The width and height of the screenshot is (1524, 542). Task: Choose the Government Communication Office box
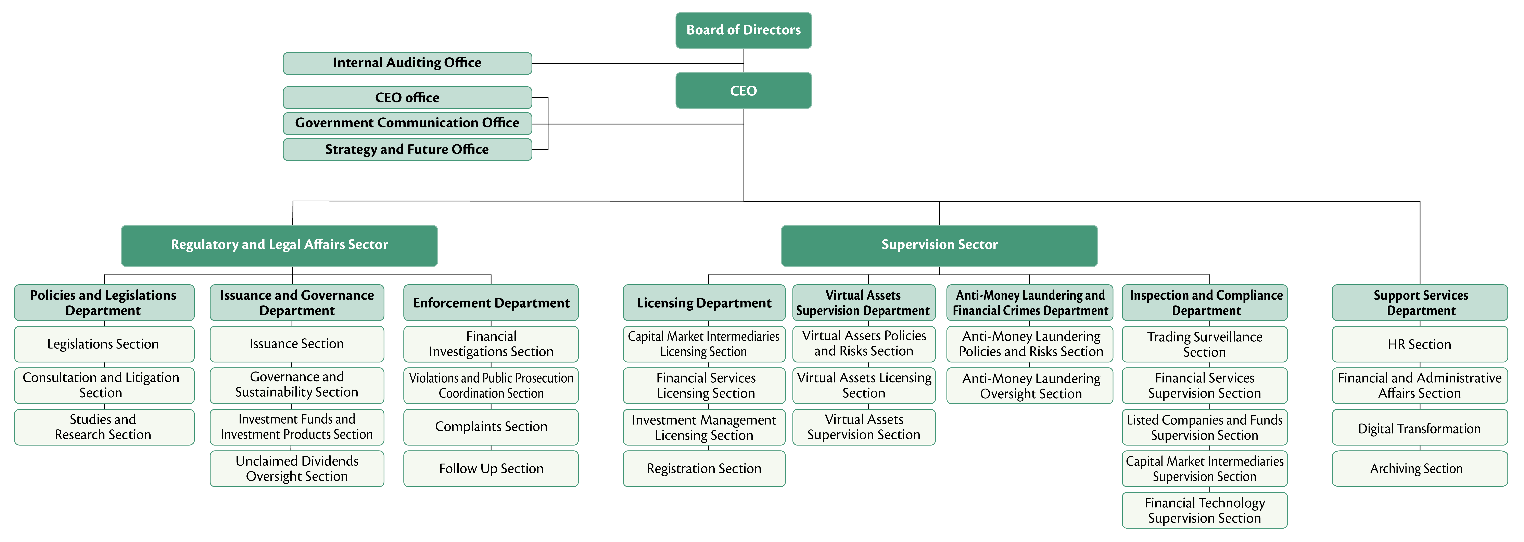[x=407, y=123]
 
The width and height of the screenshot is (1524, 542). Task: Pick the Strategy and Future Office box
[x=407, y=149]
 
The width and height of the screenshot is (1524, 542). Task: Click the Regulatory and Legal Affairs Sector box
[x=279, y=245]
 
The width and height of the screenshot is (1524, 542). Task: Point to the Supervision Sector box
[x=939, y=245]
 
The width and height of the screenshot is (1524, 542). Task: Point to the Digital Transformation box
[x=1419, y=428]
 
